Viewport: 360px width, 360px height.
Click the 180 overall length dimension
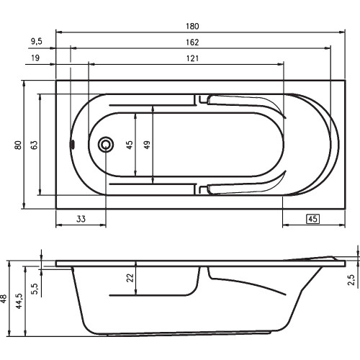pyautogui.click(x=192, y=26)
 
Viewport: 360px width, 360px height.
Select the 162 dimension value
pyautogui.click(x=192, y=42)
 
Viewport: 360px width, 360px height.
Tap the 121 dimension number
pyautogui.click(x=192, y=58)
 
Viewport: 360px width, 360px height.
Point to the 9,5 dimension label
pyautogui.click(x=37, y=41)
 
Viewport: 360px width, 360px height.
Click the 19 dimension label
pyautogui.click(x=35, y=58)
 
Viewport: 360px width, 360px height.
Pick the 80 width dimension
pyautogui.click(x=18, y=145)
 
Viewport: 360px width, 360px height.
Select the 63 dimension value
pyautogui.click(x=35, y=145)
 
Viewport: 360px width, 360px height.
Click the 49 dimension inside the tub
pyautogui.click(x=147, y=145)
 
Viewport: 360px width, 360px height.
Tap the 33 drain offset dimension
pyautogui.click(x=81, y=219)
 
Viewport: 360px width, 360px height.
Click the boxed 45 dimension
pyautogui.click(x=312, y=219)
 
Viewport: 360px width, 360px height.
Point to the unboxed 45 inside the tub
pyautogui.click(x=130, y=145)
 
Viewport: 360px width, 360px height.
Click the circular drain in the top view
pyautogui.click(x=106, y=145)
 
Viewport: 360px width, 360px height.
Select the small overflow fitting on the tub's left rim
pyautogui.click(x=72, y=144)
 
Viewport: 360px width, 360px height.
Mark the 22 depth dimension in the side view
pyautogui.click(x=130, y=278)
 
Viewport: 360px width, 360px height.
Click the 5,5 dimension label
pyautogui.click(x=35, y=289)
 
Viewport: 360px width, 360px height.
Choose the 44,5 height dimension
pyautogui.click(x=19, y=301)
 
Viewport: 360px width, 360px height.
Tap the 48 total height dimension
pyautogui.click(x=4, y=298)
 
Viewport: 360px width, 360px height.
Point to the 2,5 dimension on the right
pyautogui.click(x=351, y=279)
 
